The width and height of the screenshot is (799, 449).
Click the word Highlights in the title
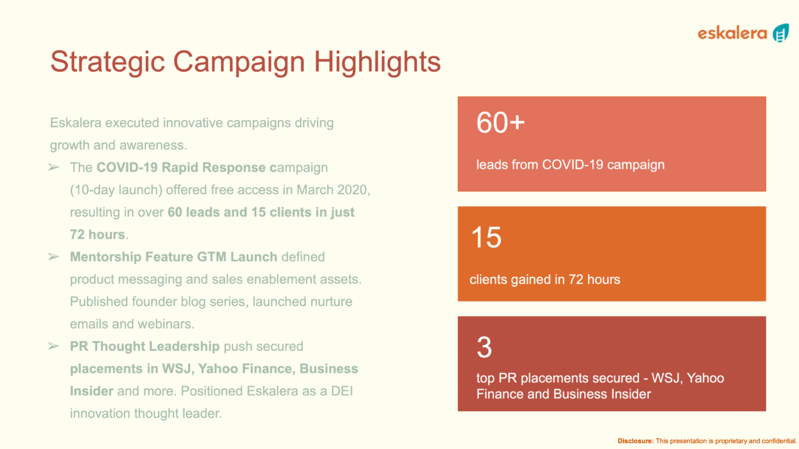[x=377, y=62]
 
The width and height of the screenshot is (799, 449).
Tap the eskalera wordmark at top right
[x=732, y=33]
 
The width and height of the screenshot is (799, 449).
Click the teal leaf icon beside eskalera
[x=781, y=33]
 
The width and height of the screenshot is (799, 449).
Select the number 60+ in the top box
[x=500, y=122]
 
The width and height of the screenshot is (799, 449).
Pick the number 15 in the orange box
[x=486, y=237]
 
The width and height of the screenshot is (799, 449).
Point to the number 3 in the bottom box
[x=484, y=347]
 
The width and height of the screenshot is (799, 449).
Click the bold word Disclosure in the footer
[x=636, y=440]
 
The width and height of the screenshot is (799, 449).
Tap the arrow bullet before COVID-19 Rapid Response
[x=54, y=167]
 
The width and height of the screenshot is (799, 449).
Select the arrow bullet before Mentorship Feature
[x=54, y=257]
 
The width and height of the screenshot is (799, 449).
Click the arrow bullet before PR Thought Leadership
[x=54, y=346]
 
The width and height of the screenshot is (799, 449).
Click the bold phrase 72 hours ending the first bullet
[x=98, y=234]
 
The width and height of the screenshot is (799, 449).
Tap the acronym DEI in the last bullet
[x=342, y=391]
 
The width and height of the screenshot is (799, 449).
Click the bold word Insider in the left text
[x=92, y=391]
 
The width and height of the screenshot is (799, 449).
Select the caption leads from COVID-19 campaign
[x=570, y=165]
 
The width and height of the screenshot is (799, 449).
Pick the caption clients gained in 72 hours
[x=545, y=279]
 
